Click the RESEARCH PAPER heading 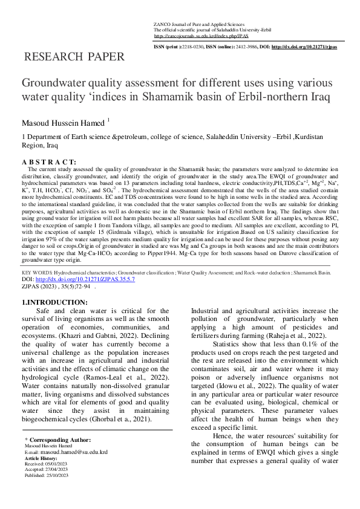click(x=73, y=58)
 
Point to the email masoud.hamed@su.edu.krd click(x=74, y=452)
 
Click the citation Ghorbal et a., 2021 click(x=126, y=418)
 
